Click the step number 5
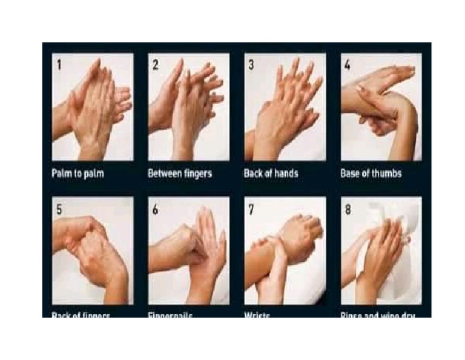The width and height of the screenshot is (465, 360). pyautogui.click(x=59, y=209)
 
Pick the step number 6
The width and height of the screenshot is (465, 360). pyautogui.click(x=155, y=209)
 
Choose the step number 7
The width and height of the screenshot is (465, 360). pyautogui.click(x=251, y=209)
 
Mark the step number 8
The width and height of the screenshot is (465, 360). pyautogui.click(x=348, y=209)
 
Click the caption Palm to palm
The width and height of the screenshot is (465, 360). pyautogui.click(x=77, y=174)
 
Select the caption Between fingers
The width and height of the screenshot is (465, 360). pyautogui.click(x=180, y=174)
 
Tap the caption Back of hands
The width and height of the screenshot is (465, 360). pyautogui.click(x=271, y=174)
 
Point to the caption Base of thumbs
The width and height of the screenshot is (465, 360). pyautogui.click(x=371, y=174)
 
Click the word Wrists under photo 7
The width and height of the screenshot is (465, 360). pyautogui.click(x=257, y=315)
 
